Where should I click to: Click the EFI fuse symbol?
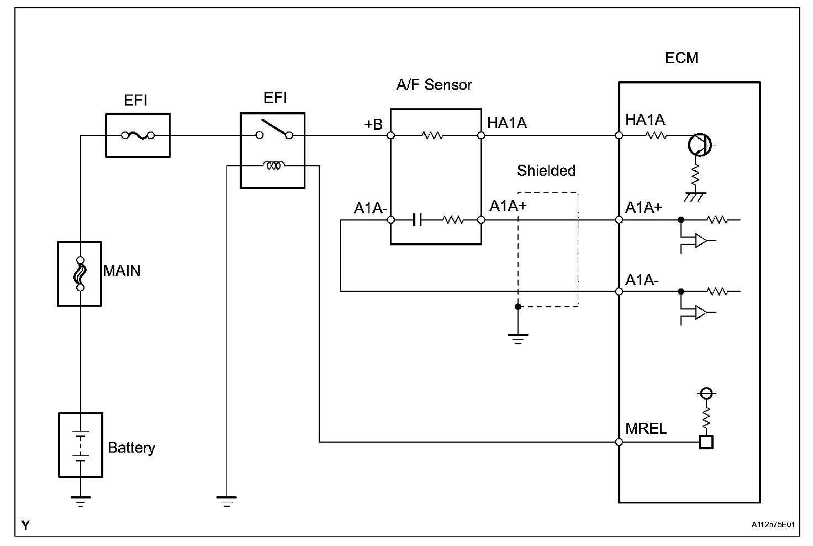point(138,135)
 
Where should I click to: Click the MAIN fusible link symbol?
point(80,274)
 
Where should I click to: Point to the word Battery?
point(131,448)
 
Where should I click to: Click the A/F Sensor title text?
point(434,85)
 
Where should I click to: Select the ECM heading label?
point(682,58)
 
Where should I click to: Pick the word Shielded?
point(546,171)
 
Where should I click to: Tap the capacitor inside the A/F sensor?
point(418,220)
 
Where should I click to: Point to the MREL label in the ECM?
point(646,429)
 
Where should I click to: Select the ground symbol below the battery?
point(81,501)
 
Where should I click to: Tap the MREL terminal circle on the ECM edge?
point(619,442)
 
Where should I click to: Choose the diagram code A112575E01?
point(773,524)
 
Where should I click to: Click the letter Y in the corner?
point(25,526)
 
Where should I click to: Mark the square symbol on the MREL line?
point(706,442)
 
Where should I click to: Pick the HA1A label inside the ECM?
point(645,120)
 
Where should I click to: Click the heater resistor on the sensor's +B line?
point(432,135)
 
